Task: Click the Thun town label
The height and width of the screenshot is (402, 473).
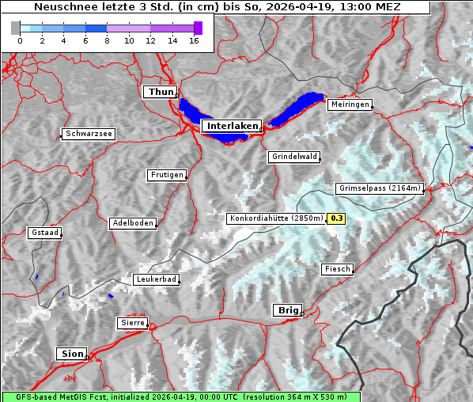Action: [x=161, y=93]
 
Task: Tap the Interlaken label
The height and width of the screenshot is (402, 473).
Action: [x=231, y=126]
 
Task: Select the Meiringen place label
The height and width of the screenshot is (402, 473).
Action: [x=349, y=104]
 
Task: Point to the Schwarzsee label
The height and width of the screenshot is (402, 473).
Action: [x=89, y=135]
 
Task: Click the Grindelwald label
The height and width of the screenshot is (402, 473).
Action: [x=295, y=157]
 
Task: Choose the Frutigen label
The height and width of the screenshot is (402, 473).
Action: [x=167, y=175]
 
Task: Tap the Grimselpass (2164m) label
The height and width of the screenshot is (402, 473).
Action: [x=380, y=188]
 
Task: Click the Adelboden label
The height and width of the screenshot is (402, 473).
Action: [x=132, y=223]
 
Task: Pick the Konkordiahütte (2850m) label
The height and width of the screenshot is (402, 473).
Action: [x=276, y=218]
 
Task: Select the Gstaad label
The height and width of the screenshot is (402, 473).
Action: [x=44, y=233]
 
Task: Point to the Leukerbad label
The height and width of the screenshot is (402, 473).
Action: [x=156, y=279]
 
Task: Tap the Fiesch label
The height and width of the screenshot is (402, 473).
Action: [x=337, y=269]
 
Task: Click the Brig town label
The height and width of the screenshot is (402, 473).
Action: [x=286, y=310]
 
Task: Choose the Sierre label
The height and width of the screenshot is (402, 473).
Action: [x=132, y=323]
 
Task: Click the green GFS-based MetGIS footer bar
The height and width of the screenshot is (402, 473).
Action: [x=180, y=396]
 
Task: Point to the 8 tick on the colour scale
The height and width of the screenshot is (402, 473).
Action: [x=107, y=40]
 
